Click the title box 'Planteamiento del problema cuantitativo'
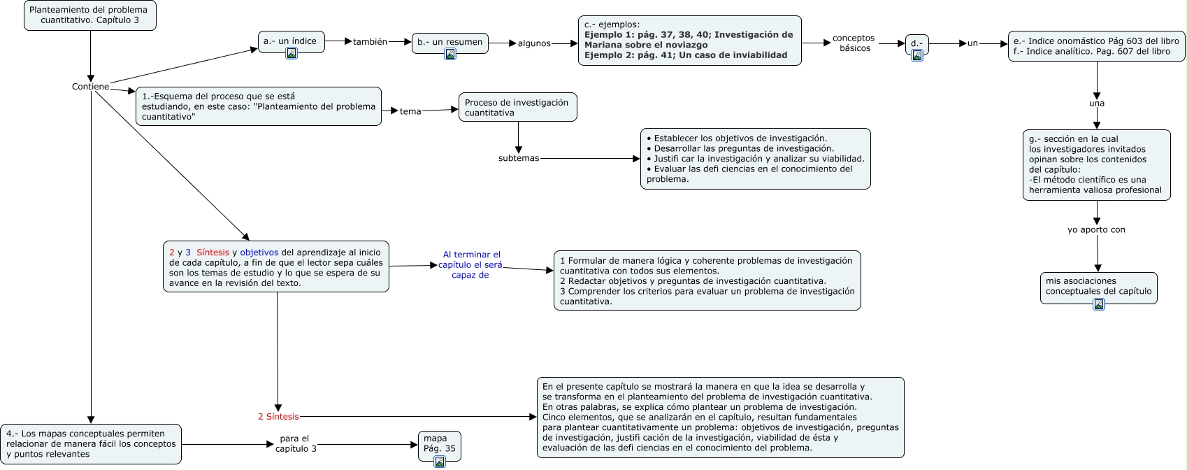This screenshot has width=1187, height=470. pos(89,15)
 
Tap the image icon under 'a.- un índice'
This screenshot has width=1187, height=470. pos(292,53)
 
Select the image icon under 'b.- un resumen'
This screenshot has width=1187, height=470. pos(450,54)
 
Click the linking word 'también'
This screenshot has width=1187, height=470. pos(370,42)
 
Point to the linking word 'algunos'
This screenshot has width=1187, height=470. pos(534,43)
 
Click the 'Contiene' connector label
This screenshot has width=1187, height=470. pos(90,87)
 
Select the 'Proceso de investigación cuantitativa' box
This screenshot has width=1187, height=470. pos(517,108)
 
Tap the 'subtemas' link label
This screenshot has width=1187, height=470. pos(519,158)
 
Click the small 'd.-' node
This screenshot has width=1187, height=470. pos(916,43)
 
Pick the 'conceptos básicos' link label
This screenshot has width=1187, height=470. pos(854,43)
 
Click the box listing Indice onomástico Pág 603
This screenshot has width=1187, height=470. pos(1096,46)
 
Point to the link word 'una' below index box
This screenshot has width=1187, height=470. pos(1096,104)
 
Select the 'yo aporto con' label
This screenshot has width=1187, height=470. pos(1096,229)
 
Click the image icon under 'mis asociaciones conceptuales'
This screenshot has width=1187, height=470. pos(1098,304)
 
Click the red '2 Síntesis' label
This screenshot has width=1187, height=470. pos(278,417)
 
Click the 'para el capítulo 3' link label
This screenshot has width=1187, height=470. pos(295,444)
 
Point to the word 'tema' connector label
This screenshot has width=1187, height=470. pos(410,111)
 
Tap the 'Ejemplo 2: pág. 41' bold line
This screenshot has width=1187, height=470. pos(685,55)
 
